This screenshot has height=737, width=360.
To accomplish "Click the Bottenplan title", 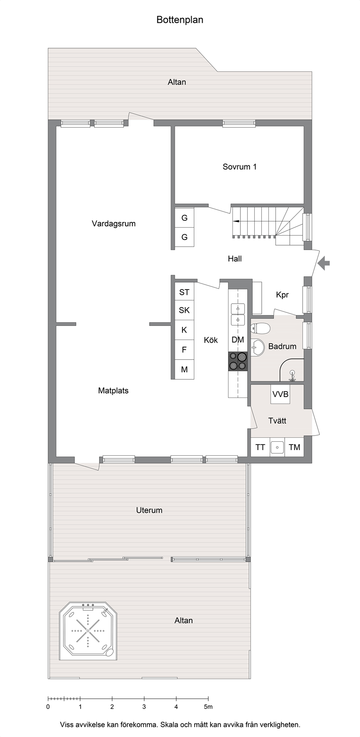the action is pos(180,20).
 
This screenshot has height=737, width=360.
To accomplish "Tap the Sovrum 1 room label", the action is pos(239,167).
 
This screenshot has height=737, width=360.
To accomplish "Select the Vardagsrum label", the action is pos(114,224).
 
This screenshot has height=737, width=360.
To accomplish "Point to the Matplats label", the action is pos(113,390).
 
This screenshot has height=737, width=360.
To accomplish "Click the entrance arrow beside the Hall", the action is pos(324,263).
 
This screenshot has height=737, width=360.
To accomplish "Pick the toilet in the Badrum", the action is pos(260,328).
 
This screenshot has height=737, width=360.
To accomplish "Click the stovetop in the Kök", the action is pos(238,361).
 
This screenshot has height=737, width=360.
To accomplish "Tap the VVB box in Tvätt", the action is pos(281,394).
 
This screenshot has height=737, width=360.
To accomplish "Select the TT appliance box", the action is pos(260,447).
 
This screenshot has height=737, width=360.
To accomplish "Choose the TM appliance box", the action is pos(294,447).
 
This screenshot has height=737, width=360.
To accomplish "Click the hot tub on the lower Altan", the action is pos(88,631).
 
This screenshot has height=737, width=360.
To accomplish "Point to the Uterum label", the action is pos(149,510).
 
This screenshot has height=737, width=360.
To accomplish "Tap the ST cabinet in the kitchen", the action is pos(184,292).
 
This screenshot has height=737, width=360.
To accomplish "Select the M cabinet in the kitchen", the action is pos(184,369).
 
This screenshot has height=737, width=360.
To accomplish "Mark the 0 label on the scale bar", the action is pos(48,706).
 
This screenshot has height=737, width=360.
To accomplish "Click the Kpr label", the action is pos(282,295).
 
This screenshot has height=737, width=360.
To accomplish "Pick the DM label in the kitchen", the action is pos(238,340).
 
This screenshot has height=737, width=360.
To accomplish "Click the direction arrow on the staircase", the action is pos(236,221).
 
